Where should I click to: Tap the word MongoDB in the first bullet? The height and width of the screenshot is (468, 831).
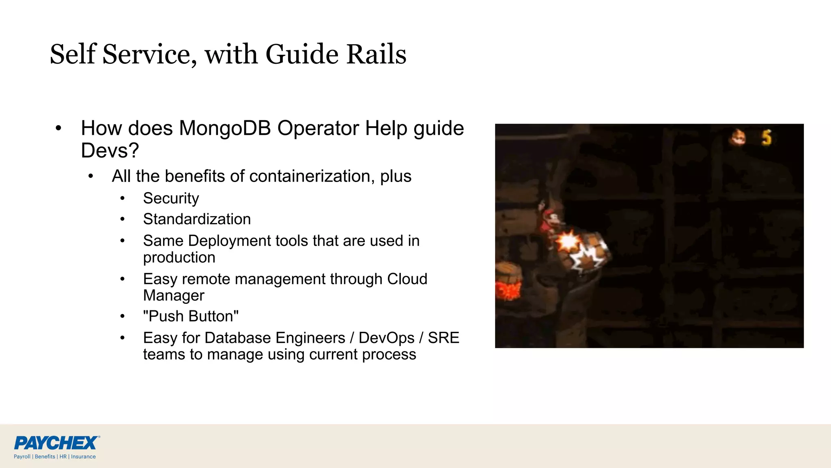[225, 128]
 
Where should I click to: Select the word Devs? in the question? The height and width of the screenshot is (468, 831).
[110, 151]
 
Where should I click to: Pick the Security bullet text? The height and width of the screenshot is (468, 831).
[171, 198]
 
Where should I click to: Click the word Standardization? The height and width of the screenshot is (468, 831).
[197, 219]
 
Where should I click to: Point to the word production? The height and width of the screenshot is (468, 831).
[179, 258]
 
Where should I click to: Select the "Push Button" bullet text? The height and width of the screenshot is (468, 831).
[191, 316]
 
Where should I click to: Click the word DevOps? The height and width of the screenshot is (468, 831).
[386, 338]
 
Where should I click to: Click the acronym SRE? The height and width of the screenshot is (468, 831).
[443, 338]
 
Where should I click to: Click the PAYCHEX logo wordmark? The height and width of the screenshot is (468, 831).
[56, 443]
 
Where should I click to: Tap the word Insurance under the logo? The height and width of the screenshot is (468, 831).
[83, 457]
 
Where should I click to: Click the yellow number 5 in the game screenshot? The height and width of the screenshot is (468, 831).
[766, 138]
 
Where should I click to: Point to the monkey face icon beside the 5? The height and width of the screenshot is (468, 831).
[739, 137]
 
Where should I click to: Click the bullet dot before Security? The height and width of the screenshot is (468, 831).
[123, 199]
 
